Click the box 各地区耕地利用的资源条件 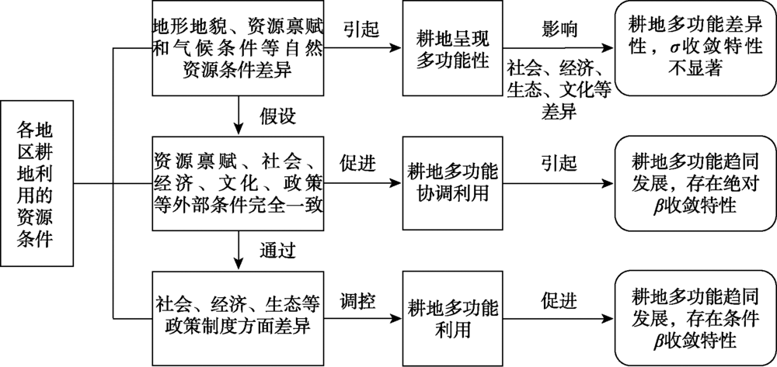pyautogui.click(x=38, y=184)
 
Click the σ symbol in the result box pyautogui.click(x=678, y=49)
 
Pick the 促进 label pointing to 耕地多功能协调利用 pyautogui.click(x=358, y=165)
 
